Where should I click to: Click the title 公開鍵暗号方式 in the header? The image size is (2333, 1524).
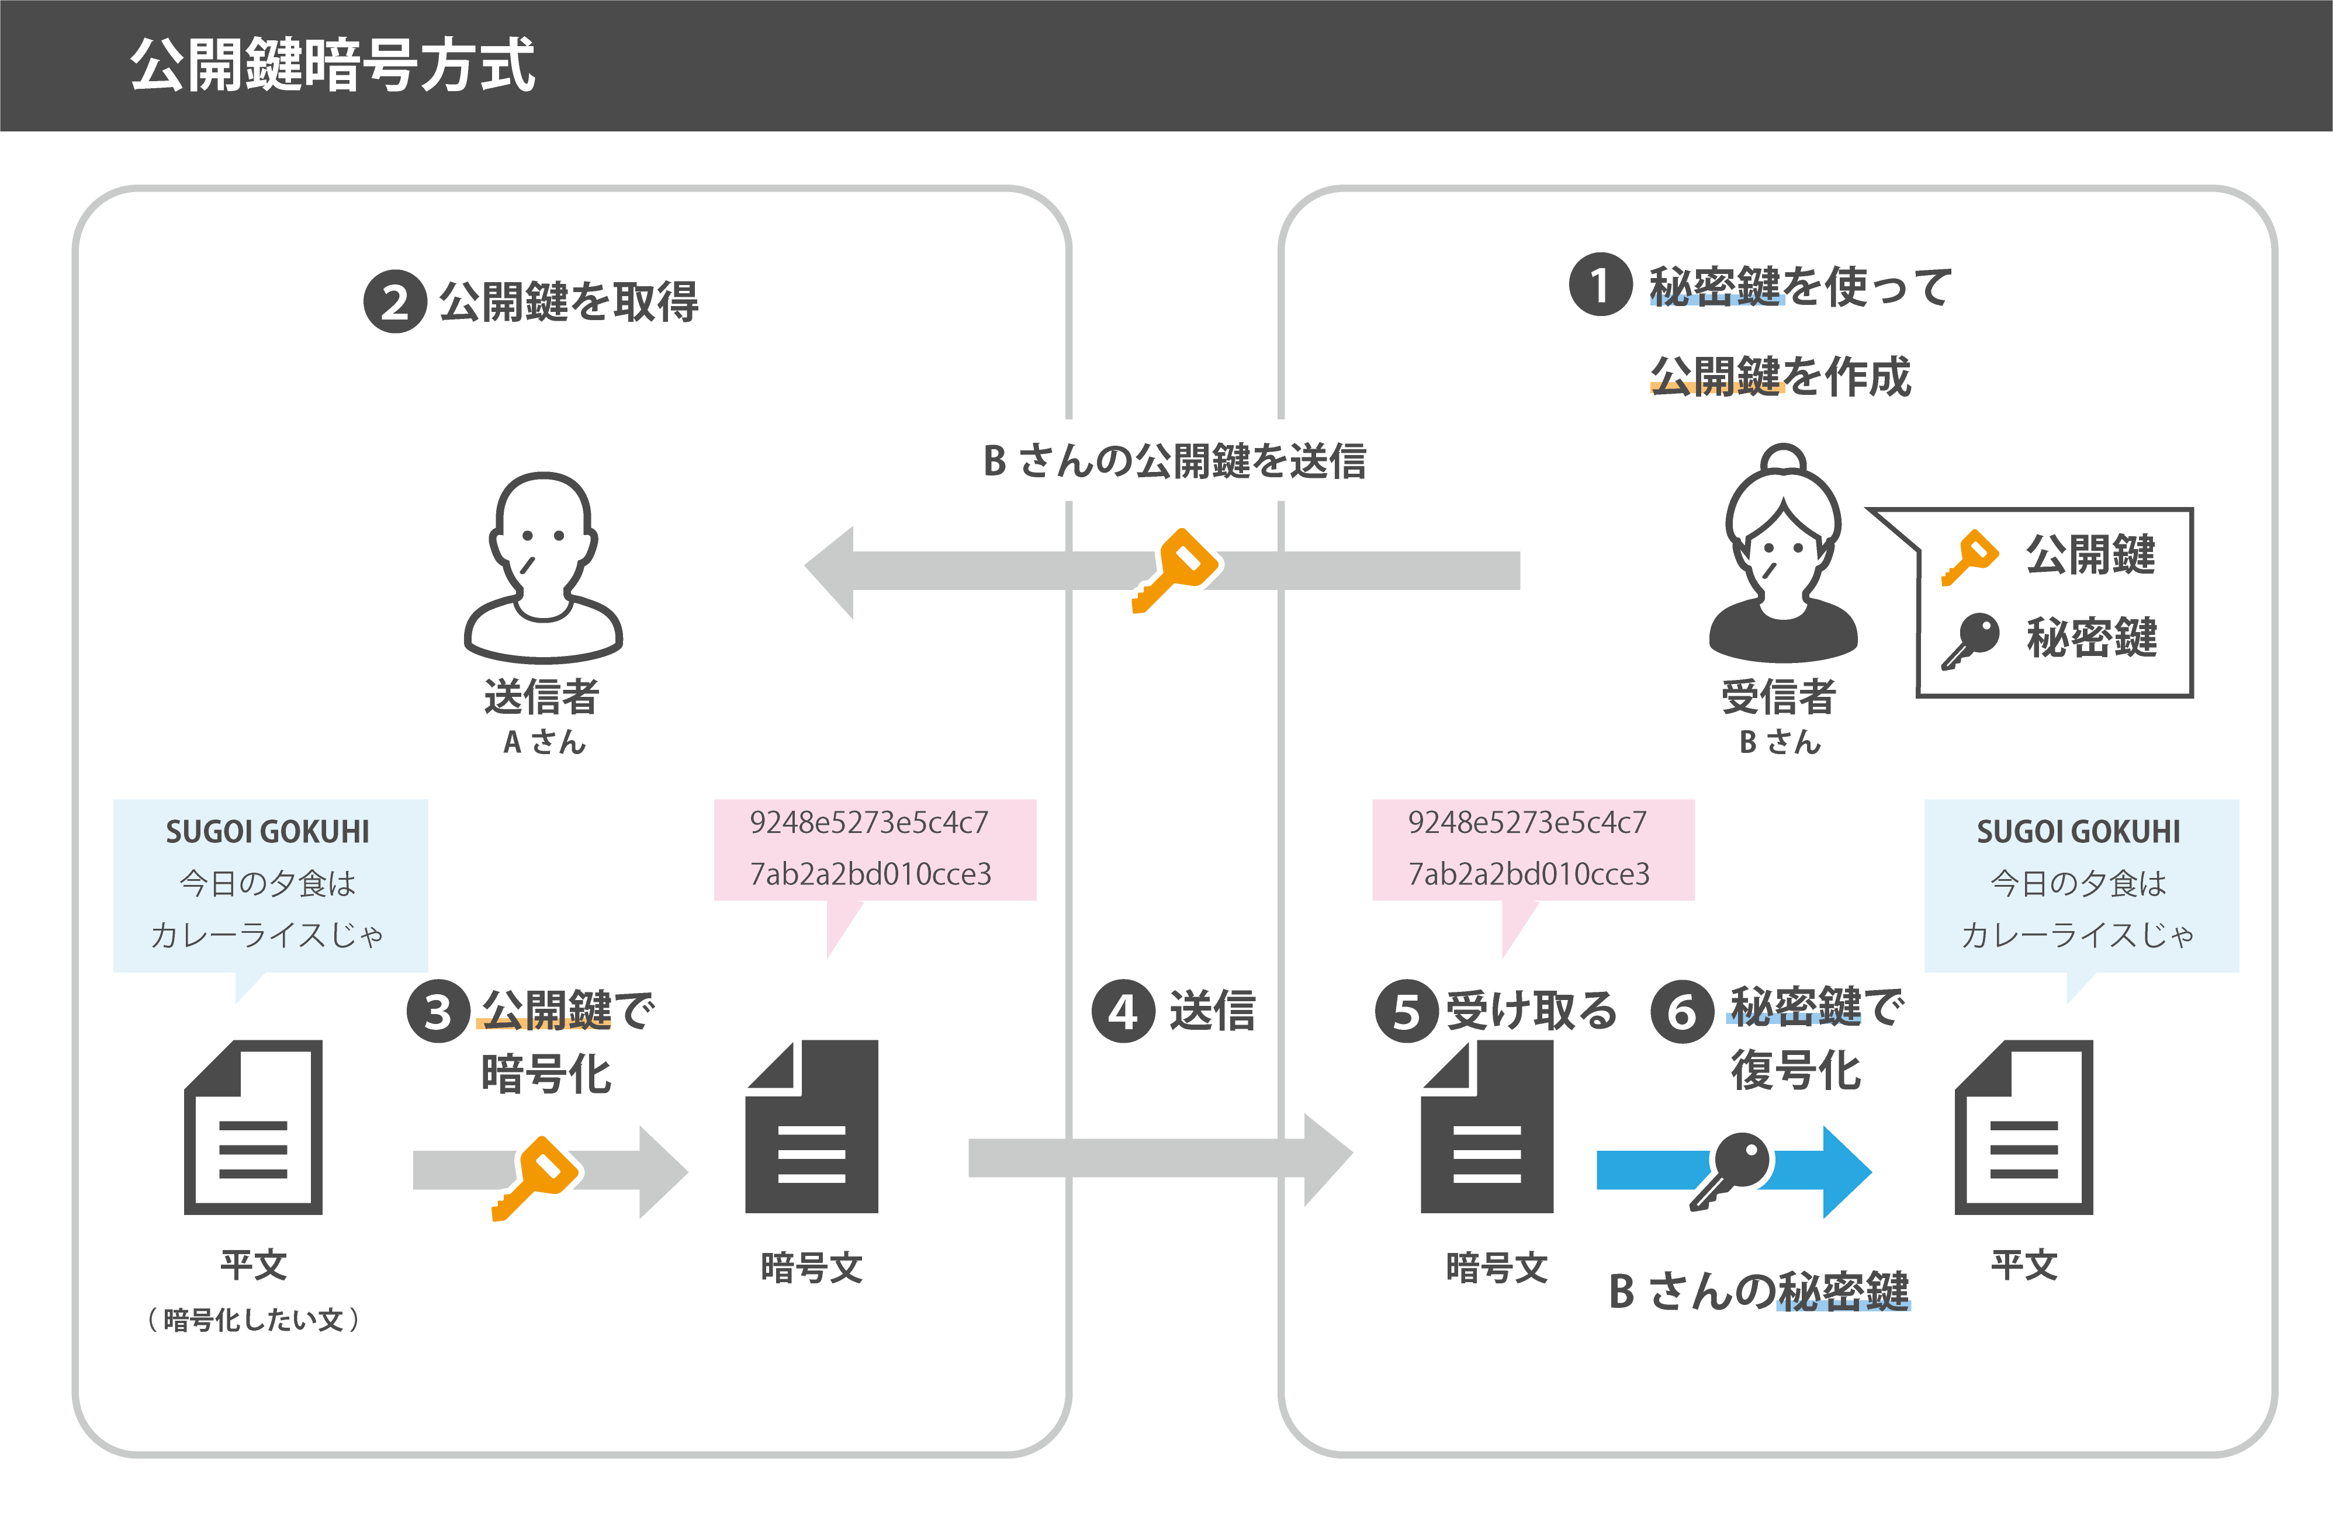tap(333, 65)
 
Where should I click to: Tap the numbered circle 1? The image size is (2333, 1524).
tap(1600, 285)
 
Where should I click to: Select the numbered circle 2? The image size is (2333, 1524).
tap(395, 302)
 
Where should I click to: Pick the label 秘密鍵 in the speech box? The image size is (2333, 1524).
tap(2091, 638)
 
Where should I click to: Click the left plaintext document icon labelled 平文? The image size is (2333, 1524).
tap(254, 1127)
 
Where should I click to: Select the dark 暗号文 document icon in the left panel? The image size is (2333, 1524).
tap(812, 1127)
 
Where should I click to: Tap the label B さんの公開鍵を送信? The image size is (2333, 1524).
tap(1174, 461)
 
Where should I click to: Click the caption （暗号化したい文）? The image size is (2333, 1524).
tap(254, 1319)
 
